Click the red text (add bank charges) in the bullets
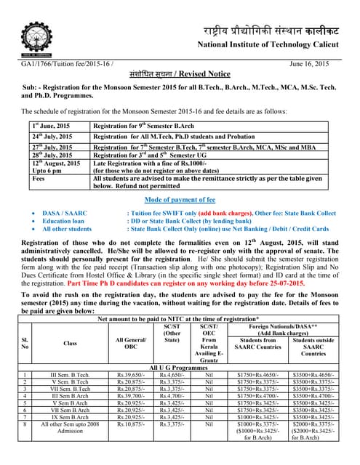[x=230, y=212]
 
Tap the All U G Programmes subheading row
[x=180, y=369]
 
